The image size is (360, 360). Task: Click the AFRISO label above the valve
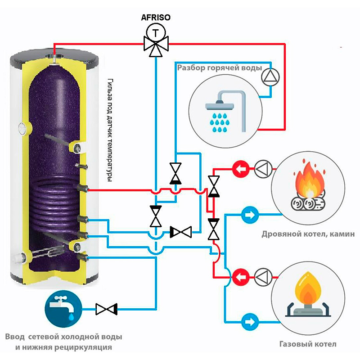coord(156,18)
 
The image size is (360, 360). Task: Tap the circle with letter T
coord(156,33)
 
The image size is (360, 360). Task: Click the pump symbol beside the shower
coord(271,76)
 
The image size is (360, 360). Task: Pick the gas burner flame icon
coord(308,295)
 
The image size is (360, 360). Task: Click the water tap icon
coord(63,309)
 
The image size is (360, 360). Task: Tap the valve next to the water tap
coord(107,309)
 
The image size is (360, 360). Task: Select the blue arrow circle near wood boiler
coord(250,215)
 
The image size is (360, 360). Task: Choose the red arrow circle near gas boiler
coord(241,277)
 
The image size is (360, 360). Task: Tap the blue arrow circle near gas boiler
coord(250,322)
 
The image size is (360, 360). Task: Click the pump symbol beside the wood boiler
coord(263,169)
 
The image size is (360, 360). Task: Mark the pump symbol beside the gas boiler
coord(263,277)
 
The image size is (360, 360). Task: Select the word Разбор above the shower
coord(191,68)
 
